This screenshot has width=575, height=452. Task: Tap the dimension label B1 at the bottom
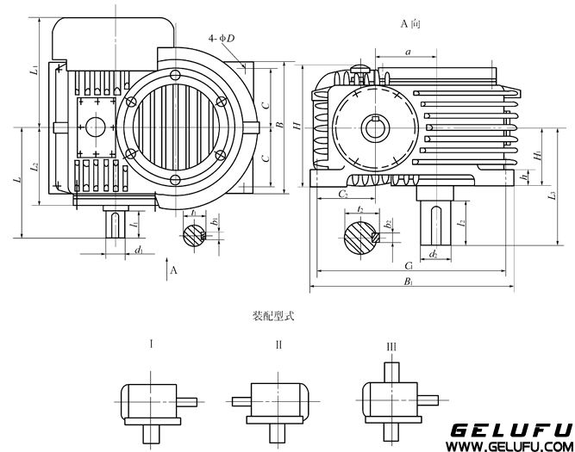pyautogui.click(x=406, y=282)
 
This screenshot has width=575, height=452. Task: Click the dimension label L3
pyautogui.click(x=553, y=195)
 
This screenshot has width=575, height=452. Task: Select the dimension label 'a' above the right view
pyautogui.click(x=407, y=53)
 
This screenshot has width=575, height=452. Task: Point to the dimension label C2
pyautogui.click(x=342, y=195)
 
